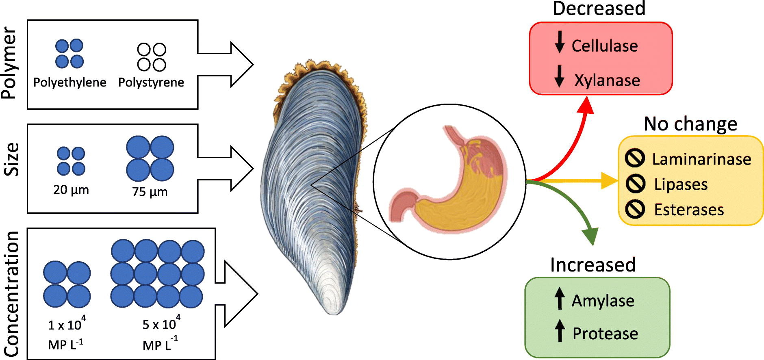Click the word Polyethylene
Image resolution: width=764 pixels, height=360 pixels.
click(69, 82)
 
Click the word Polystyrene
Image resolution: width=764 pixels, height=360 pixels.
click(151, 82)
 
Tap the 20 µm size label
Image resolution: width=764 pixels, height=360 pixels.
click(71, 190)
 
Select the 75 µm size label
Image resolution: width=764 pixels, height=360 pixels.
click(150, 191)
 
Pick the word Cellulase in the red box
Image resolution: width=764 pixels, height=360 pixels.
click(604, 46)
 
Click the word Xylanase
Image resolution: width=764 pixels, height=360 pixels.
click(607, 80)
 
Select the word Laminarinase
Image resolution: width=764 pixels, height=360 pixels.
click(701, 159)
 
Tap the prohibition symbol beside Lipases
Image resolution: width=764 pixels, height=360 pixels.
click(635, 184)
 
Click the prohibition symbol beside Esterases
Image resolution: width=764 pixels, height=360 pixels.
click(635, 209)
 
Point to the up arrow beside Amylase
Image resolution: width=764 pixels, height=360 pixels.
click(560, 298)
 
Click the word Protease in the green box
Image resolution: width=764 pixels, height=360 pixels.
click(605, 334)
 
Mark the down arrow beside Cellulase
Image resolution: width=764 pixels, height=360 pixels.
click(560, 42)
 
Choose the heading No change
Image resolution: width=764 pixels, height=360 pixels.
click(690, 124)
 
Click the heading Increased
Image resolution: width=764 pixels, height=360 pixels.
click(593, 265)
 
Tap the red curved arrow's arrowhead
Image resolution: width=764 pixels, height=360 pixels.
click(586, 105)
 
